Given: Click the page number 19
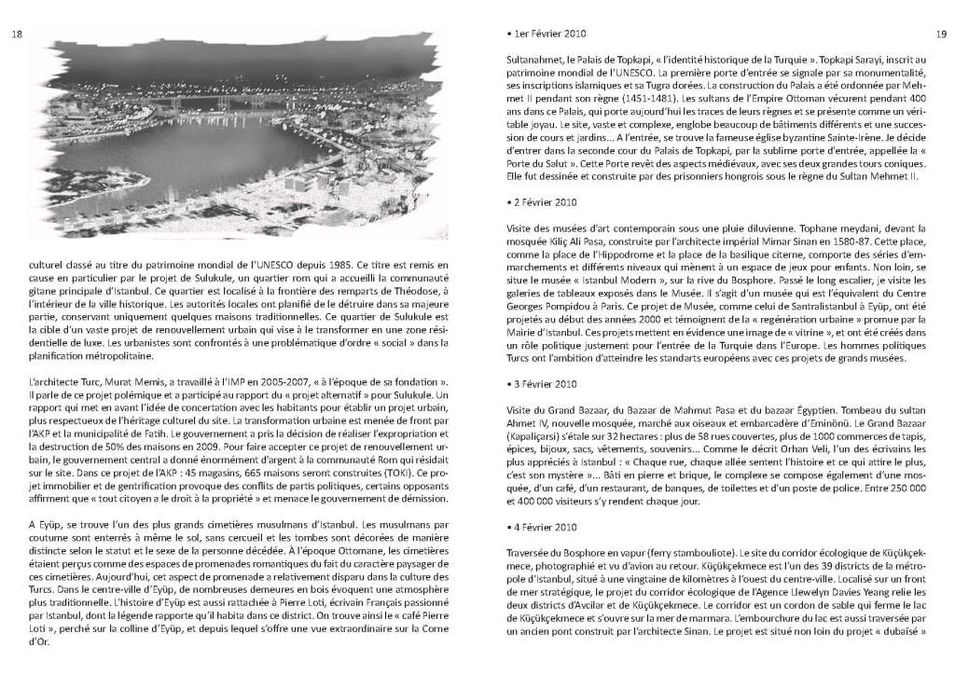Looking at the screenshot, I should point(939,35).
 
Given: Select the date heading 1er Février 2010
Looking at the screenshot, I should point(542,35).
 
